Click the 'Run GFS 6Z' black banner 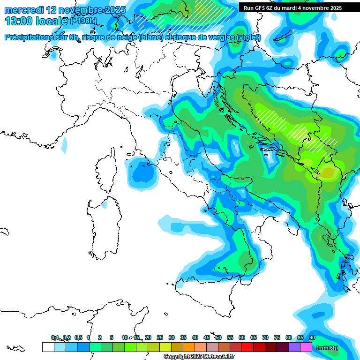[292, 8]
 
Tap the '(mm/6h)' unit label [327, 348]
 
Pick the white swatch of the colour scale [48, 347]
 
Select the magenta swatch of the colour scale [306, 347]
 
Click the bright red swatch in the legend [247, 347]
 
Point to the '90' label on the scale [312, 337]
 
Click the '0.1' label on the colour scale [55, 337]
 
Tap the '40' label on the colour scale [195, 337]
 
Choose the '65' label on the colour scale [254, 337]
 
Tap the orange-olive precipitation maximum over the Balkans [327, 173]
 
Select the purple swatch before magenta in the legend [294, 347]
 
